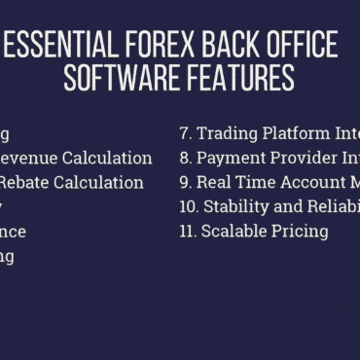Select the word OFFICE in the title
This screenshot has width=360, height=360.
(299, 45)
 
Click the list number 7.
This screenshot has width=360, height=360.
(185, 132)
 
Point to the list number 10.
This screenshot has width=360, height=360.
(189, 206)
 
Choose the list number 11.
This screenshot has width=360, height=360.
(188, 232)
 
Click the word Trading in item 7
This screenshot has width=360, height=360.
(227, 133)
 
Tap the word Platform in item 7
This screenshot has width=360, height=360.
(296, 132)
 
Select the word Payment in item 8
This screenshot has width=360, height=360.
(230, 158)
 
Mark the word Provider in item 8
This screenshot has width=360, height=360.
(303, 157)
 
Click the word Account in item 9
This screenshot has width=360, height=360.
(303, 182)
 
